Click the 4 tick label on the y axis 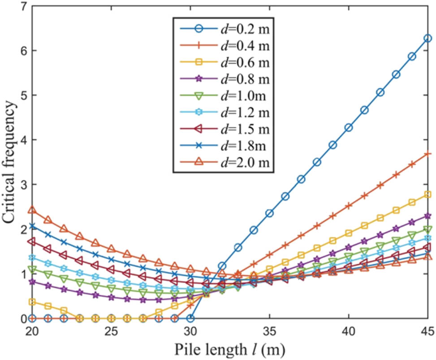(x=18, y=140)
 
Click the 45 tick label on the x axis (x=427, y=331)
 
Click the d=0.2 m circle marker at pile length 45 (x=427, y=39)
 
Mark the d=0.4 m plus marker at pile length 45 (x=427, y=154)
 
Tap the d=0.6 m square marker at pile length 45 (x=427, y=195)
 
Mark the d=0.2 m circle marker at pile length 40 (x=349, y=128)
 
